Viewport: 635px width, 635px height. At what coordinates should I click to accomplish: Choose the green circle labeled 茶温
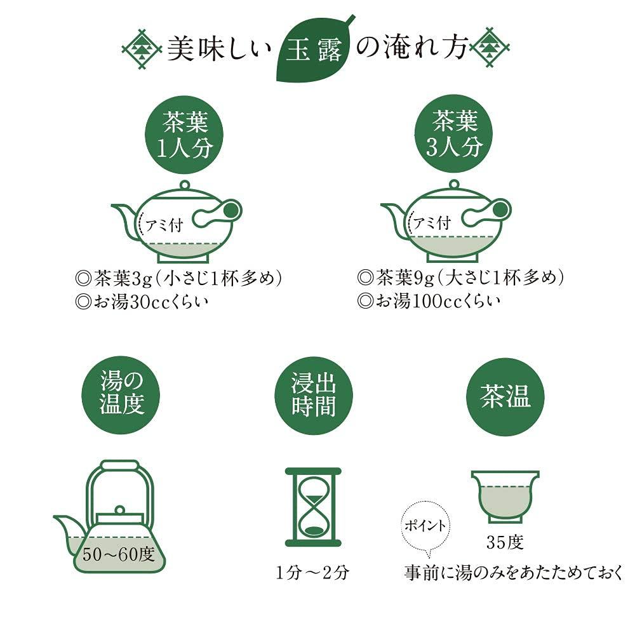505,396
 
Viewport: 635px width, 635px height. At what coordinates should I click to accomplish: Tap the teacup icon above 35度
505,495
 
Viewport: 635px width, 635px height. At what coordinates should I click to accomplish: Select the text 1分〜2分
312,573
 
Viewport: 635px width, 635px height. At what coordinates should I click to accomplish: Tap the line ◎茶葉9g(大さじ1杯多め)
461,278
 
